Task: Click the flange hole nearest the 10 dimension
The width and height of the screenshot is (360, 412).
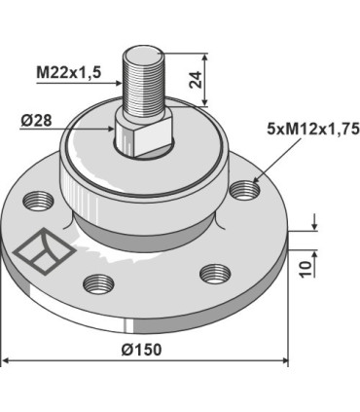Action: click(x=212, y=276)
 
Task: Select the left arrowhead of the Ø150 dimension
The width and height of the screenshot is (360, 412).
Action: click(x=6, y=361)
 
